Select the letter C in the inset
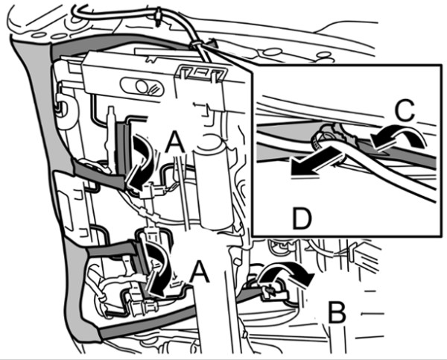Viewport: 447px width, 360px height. [405, 110]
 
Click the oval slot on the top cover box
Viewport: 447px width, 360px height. [142, 86]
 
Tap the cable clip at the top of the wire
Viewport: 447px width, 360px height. [158, 17]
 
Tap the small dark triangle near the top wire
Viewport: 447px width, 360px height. [212, 43]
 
